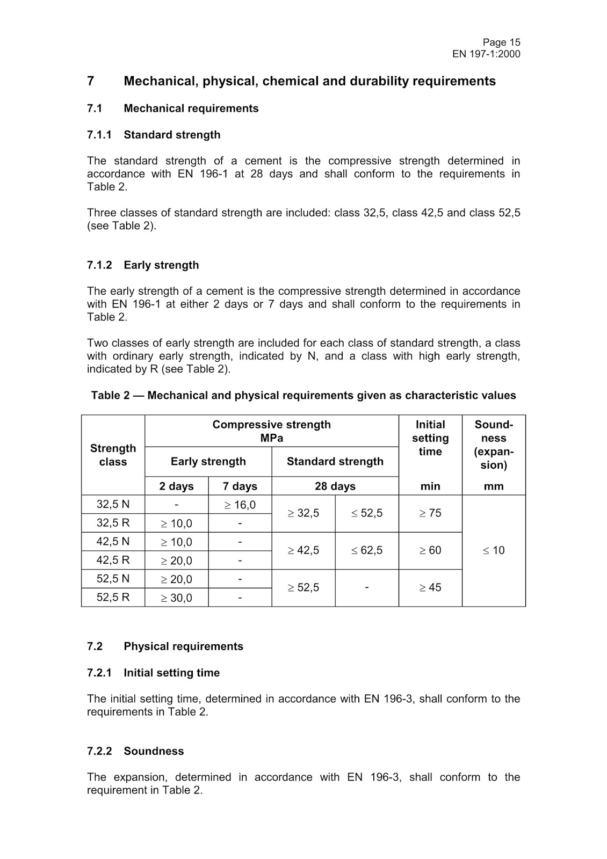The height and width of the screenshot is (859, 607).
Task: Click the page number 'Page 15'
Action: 501,42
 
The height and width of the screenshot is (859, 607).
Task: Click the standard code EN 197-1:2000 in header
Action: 486,54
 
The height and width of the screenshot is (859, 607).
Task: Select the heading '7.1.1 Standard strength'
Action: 154,135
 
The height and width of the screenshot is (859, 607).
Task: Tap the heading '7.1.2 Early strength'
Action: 143,265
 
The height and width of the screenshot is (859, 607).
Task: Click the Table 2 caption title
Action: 303,396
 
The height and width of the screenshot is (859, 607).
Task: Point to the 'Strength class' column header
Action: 113,455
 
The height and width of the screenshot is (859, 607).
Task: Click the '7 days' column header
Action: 240,486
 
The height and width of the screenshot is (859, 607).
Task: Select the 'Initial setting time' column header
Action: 430,438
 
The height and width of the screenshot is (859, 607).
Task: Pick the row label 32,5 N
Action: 113,504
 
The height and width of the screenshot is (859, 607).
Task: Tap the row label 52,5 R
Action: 113,597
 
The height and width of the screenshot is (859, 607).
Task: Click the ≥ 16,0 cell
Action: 240,505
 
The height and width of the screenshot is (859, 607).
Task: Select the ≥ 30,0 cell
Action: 176,598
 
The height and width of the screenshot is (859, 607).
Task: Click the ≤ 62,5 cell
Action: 367,550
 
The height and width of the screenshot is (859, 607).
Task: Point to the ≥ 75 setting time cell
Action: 430,513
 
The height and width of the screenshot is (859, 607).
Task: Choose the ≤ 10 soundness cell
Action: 493,550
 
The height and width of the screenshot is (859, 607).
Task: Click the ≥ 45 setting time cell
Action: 430,588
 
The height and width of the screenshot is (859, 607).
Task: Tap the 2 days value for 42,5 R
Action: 176,560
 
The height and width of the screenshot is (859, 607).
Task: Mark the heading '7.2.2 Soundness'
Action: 135,751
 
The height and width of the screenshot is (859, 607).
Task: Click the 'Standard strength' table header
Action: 335,462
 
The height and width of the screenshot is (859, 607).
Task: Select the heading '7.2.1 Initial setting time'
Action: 153,673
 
